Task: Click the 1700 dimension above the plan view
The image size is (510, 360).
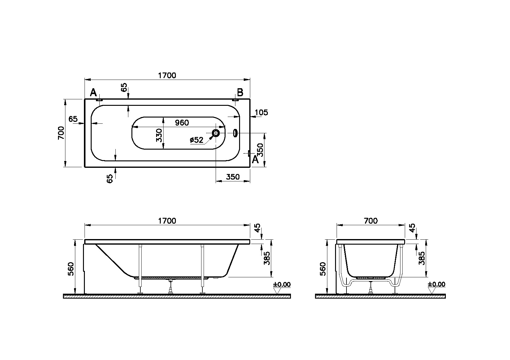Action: [167, 76]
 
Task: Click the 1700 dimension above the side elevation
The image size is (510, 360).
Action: [167, 221]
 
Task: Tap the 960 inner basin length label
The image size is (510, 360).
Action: [182, 123]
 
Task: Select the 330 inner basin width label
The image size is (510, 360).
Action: [159, 135]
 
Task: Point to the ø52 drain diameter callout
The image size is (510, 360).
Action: [197, 140]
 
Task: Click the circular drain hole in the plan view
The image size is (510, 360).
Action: [216, 133]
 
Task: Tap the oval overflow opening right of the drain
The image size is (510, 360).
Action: [235, 133]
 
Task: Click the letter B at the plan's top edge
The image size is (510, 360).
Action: [240, 92]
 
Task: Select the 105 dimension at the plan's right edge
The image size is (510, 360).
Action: [262, 113]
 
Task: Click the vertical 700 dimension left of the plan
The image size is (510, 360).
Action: [61, 133]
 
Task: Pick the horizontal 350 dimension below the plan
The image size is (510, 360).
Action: [233, 177]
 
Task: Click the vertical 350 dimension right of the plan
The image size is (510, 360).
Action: [260, 150]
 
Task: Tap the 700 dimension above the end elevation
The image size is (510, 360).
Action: [371, 221]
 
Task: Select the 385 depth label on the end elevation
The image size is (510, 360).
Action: [422, 258]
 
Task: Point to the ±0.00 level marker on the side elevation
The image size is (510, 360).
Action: [281, 284]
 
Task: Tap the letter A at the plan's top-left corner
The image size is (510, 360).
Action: [93, 92]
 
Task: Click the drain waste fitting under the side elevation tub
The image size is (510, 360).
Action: [170, 286]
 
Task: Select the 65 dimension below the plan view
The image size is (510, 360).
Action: [110, 179]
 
